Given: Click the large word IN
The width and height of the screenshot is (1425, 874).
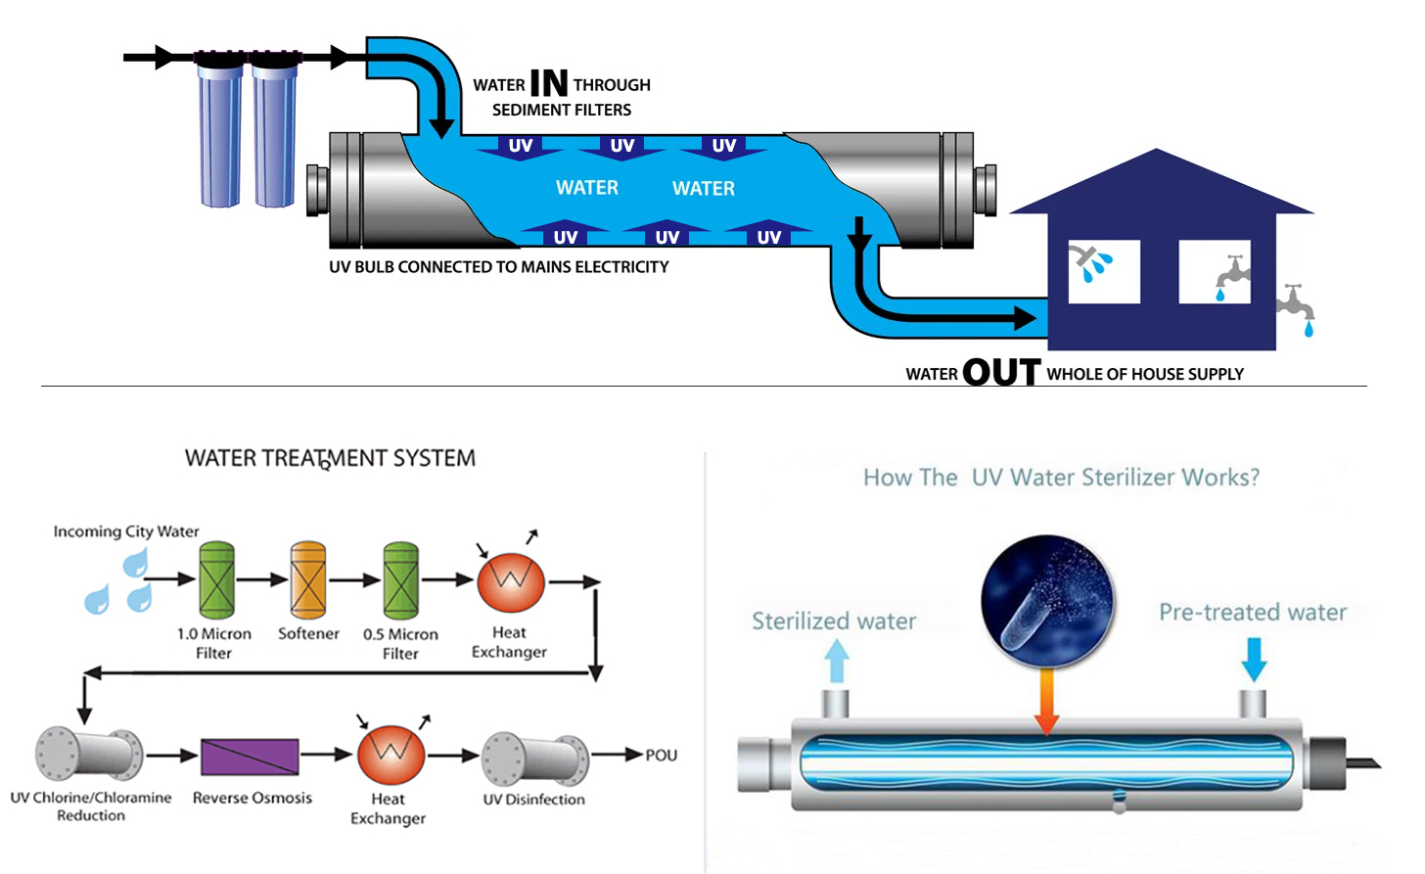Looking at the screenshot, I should (x=548, y=84).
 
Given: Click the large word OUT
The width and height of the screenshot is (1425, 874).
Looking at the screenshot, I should (x=1000, y=372).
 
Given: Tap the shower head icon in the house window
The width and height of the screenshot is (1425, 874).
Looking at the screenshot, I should (x=1089, y=263).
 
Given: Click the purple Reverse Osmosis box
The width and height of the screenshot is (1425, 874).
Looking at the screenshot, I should (x=250, y=757).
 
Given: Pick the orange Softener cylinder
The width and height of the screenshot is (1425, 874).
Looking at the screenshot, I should (x=308, y=580).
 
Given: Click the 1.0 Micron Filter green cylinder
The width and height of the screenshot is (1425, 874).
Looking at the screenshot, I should (x=216, y=580).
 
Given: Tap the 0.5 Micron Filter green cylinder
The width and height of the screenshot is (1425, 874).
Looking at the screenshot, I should (x=400, y=581).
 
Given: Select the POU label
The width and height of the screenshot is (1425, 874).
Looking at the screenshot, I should (x=662, y=756).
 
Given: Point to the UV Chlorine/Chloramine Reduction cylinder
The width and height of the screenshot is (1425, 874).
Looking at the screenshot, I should (x=89, y=754).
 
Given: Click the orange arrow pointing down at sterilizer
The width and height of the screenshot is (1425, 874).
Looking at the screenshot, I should (x=1046, y=700).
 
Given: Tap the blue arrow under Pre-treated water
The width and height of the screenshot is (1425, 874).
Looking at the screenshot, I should (x=1254, y=660).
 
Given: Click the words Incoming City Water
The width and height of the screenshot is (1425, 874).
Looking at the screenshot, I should (x=126, y=531).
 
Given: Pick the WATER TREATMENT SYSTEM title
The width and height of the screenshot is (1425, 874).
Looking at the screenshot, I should (x=330, y=458).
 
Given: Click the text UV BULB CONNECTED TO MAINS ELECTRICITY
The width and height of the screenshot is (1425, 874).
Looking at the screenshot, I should (x=498, y=267).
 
